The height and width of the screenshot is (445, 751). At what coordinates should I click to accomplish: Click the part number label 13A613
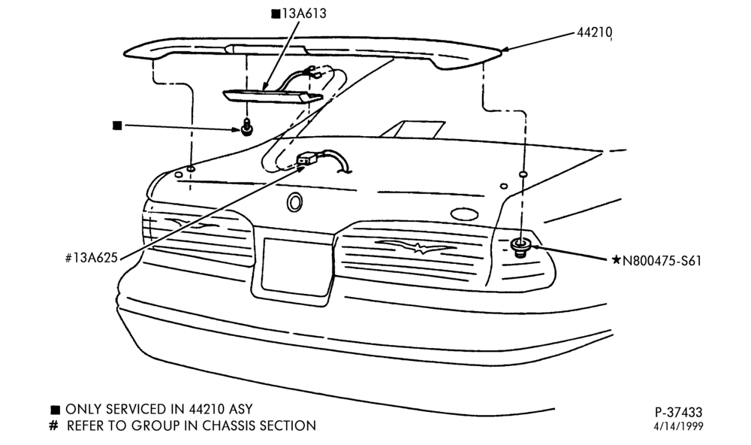tap(303, 14)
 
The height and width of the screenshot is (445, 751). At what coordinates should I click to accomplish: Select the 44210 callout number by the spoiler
tap(594, 32)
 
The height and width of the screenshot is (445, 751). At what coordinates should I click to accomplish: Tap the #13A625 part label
tap(91, 258)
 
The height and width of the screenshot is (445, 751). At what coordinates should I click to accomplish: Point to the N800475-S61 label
tap(662, 261)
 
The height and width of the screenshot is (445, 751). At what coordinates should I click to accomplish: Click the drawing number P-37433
tap(679, 412)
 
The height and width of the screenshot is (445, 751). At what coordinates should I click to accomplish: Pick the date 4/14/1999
tap(679, 425)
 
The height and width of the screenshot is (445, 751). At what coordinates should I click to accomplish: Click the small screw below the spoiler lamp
tap(246, 128)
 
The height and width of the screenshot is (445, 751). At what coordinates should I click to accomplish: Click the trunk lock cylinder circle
tap(294, 202)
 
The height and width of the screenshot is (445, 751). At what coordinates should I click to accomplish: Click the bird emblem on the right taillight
tap(416, 247)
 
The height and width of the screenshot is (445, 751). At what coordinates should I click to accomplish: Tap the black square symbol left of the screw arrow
tap(117, 126)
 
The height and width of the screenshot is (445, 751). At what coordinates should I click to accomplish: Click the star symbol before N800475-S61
tap(617, 260)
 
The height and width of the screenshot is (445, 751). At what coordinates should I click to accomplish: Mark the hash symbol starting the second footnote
tap(53, 425)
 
